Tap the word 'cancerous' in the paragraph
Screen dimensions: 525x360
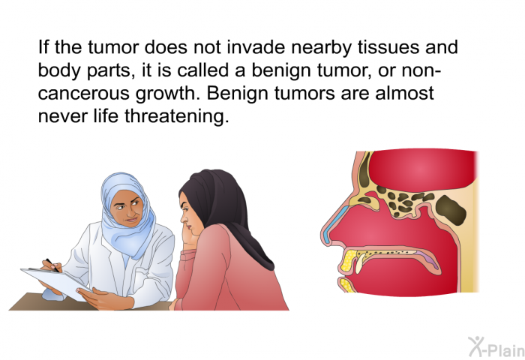83,93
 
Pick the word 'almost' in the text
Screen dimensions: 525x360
404,93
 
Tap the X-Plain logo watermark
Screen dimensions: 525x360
496,347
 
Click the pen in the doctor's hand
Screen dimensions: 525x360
52,265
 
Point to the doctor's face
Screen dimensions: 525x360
127,208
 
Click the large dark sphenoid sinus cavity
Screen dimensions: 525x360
451,210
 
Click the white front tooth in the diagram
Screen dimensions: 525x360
359,263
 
